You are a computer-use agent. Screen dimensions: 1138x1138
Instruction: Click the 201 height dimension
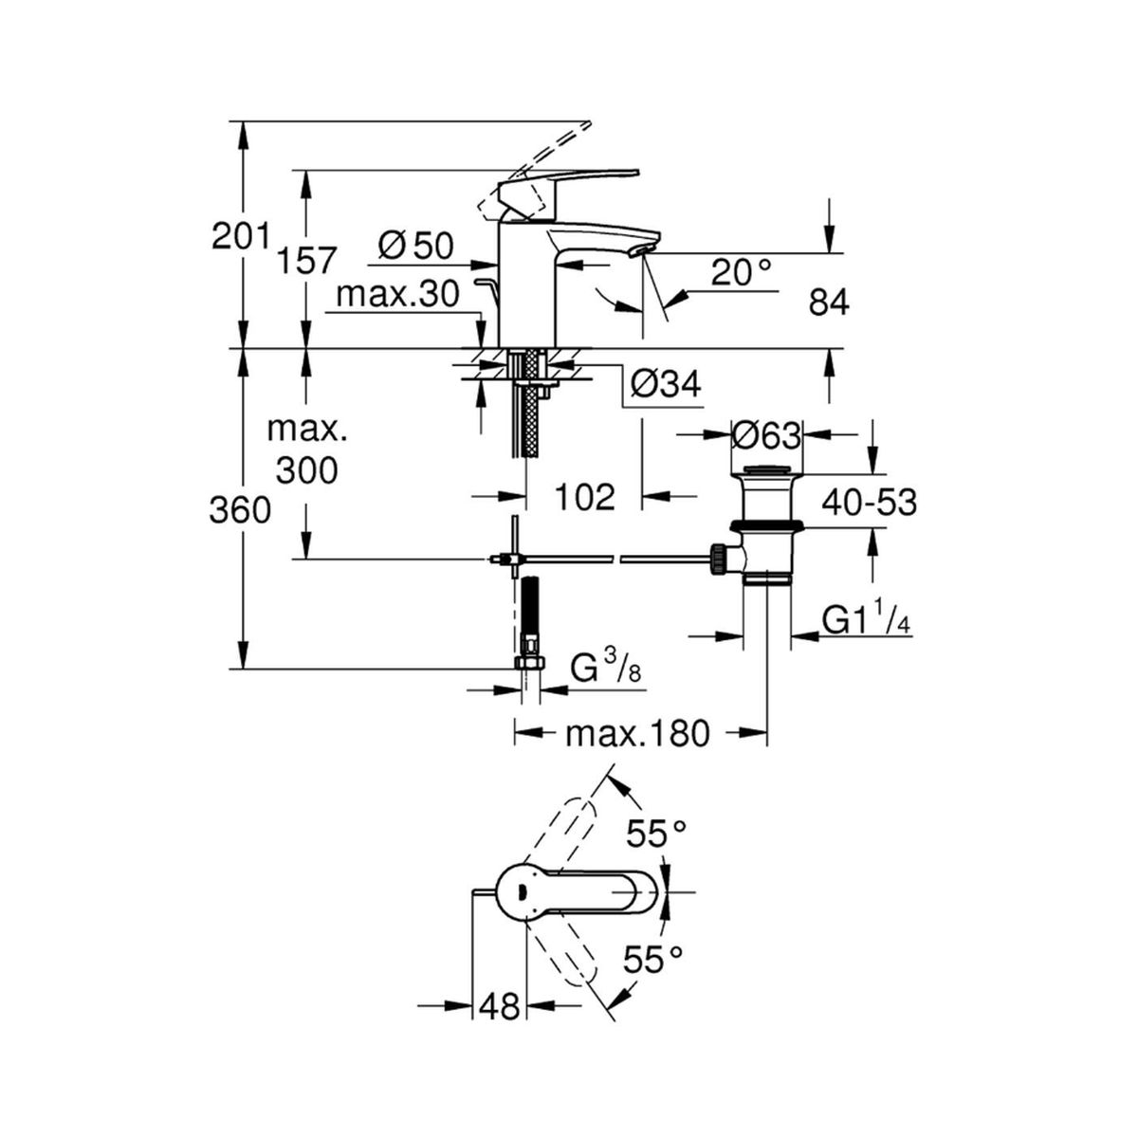pos(241,236)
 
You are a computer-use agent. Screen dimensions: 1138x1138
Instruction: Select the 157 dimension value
pos(306,260)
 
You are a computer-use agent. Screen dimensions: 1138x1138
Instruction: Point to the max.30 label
pos(397,293)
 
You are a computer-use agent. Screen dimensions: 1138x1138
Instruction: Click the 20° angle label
pos(742,273)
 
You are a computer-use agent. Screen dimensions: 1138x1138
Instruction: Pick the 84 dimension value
pos(829,303)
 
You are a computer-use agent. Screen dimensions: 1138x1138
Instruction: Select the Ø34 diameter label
pos(666,384)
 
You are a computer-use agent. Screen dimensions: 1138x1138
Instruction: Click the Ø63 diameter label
pos(766,436)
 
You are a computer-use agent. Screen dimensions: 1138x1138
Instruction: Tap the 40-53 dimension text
pos(870,503)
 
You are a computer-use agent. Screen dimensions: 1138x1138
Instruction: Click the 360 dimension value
pos(240,509)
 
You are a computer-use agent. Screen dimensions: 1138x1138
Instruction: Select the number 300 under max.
pos(306,470)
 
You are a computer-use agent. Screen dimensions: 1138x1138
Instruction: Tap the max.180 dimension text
pos(637,734)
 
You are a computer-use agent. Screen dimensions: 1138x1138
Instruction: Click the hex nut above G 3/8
pos(531,663)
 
